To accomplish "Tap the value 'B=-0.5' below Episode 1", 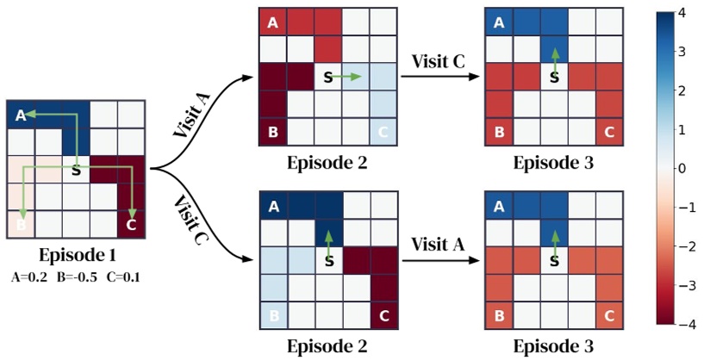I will coord(74,277).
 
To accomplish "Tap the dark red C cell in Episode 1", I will coord(130,225).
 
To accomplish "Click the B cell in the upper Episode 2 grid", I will coord(272,133).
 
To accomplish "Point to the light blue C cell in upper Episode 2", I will coord(383,133).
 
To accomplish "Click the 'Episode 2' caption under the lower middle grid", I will coord(327,346).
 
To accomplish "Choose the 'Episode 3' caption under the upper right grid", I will coord(553,162).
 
